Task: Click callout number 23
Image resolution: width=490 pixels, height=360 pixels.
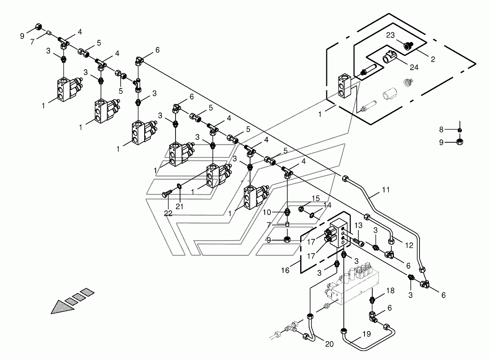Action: coord(390,35)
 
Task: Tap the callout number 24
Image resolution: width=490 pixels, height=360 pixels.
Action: coord(414,67)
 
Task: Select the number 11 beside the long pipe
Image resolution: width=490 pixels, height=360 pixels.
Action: coord(386,190)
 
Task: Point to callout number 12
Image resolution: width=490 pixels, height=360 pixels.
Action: coord(409,245)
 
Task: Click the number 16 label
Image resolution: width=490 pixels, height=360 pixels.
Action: coord(285,270)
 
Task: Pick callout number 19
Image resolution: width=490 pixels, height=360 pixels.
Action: coord(367,334)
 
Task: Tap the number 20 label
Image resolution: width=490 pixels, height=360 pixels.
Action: coord(329,344)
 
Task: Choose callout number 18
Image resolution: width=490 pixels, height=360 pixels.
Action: coord(390,291)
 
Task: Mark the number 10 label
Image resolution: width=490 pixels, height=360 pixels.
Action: coord(267,212)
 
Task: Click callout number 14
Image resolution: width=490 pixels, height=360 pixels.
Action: coord(327,205)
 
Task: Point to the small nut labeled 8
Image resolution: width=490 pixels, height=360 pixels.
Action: coord(459,130)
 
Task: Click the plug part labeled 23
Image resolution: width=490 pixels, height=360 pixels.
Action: coord(409,46)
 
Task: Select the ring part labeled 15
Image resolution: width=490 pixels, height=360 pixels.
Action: coord(301,209)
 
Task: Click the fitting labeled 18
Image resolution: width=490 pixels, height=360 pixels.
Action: coord(372,300)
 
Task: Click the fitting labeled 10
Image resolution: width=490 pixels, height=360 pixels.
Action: coord(288,212)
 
